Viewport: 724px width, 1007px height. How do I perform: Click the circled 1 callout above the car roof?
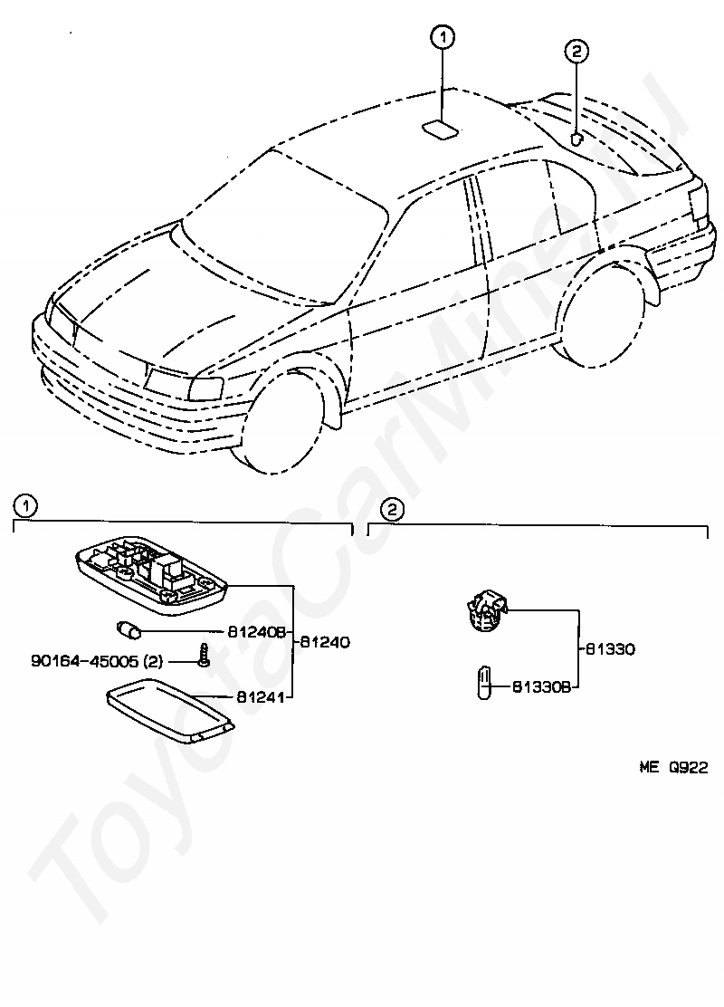[x=443, y=37]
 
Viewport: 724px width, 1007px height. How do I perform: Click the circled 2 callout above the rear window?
[x=577, y=51]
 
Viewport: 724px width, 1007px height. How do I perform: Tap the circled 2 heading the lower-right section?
[x=391, y=510]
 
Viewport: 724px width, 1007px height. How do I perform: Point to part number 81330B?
[x=542, y=687]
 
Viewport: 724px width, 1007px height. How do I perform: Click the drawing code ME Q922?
[x=673, y=766]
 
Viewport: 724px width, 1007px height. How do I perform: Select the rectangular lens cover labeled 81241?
[x=168, y=714]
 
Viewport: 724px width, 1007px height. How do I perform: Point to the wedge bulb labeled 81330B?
[x=485, y=681]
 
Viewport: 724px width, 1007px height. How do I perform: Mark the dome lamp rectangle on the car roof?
[x=442, y=129]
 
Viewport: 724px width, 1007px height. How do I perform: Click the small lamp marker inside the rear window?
[x=576, y=139]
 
